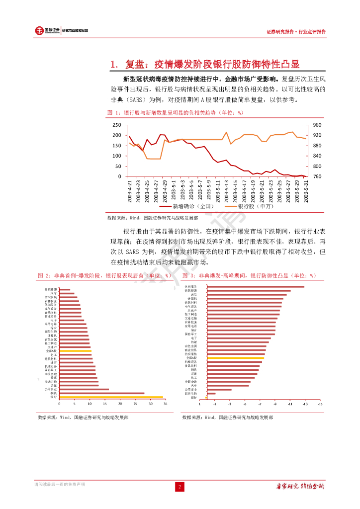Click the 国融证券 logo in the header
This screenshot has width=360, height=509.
[47, 31]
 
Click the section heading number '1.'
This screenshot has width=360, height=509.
[115, 64]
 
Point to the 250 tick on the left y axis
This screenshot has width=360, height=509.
[117, 125]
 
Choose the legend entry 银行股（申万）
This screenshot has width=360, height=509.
[253, 206]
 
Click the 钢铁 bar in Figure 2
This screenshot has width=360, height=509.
[102, 393]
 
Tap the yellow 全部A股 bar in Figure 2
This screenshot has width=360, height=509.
[75, 351]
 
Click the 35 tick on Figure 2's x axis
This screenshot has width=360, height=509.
[166, 404]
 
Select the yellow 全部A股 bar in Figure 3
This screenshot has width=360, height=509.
[236, 357]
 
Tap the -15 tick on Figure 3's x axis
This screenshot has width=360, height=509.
[320, 404]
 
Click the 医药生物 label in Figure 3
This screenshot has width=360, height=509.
[190, 393]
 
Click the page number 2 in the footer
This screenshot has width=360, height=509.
[180, 486]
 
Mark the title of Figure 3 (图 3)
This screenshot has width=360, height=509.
[249, 275]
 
